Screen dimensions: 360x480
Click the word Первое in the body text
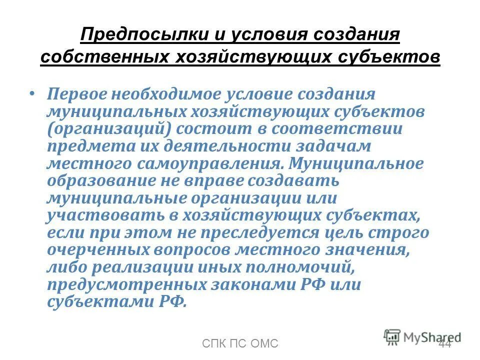pos(83,94)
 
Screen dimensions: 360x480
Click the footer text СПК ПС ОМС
pos(239,343)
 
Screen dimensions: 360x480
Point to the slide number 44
pos(444,343)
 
